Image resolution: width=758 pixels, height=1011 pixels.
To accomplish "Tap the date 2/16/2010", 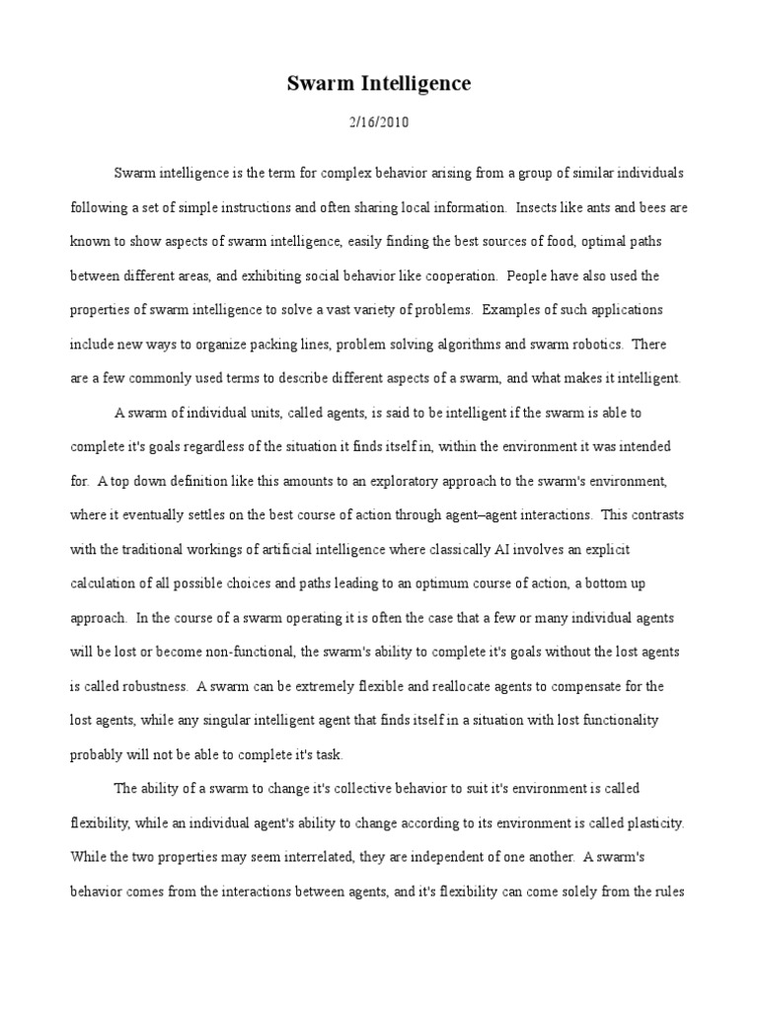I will click(x=379, y=123).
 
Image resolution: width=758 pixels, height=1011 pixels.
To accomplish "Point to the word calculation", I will click(x=106, y=583).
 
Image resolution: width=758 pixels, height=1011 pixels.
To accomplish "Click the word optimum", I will click(x=456, y=583).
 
